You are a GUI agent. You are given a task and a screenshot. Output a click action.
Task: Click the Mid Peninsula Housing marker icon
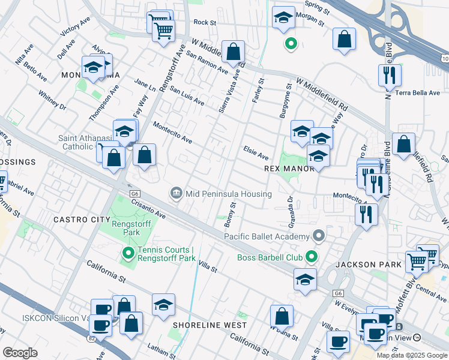click(176, 193)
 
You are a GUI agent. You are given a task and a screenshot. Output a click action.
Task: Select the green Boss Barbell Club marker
click(310, 258)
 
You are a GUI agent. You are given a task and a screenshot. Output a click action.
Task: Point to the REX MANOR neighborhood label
click(289, 169)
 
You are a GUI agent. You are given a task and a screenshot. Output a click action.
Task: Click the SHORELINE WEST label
click(209, 325)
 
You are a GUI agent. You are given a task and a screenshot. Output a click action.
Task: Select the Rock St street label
click(204, 22)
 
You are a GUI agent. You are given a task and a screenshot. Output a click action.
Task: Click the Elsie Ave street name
click(255, 153)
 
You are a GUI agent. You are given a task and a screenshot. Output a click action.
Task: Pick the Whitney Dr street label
click(52, 100)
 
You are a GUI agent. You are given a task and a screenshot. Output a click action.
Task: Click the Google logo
click(20, 353)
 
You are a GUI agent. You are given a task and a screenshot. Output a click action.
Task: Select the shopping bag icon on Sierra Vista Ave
click(233, 52)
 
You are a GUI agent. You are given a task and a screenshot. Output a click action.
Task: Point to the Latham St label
click(161, 347)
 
